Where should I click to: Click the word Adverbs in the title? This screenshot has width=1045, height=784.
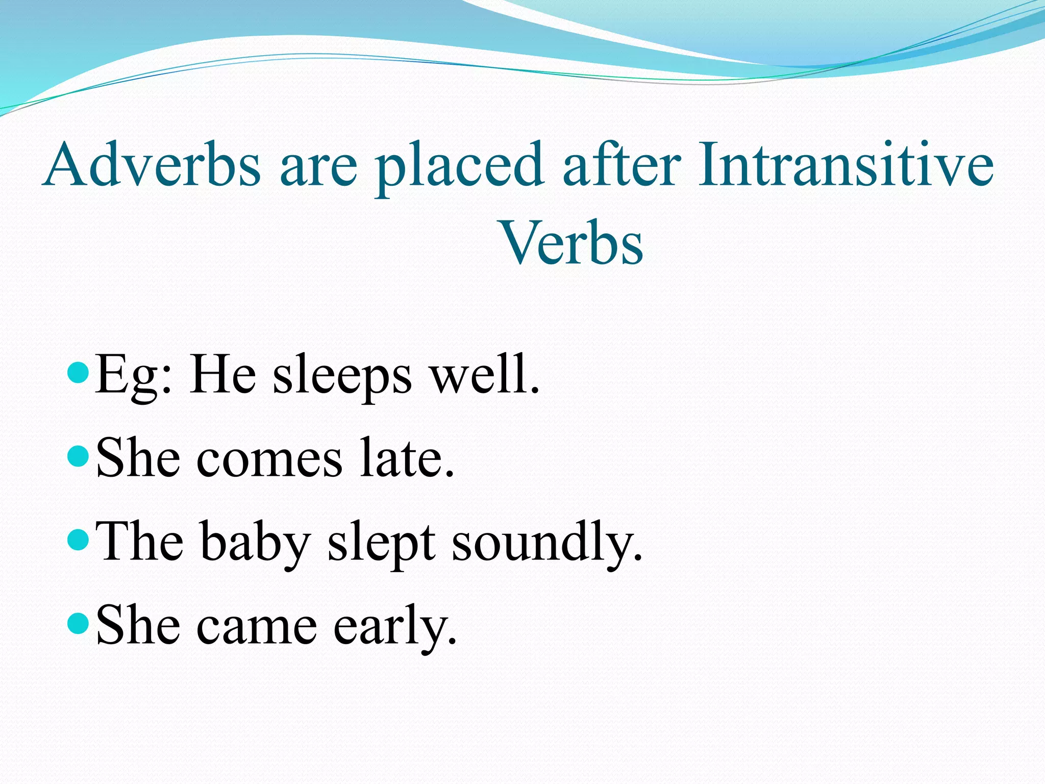pos(153,164)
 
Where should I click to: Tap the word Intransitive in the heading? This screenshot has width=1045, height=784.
pos(846,164)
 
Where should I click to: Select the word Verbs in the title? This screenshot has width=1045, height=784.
pos(573,243)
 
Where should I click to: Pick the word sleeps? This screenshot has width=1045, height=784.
pos(342,378)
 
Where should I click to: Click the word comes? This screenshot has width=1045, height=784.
pos(269,459)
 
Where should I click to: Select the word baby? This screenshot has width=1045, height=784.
pos(255,543)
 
